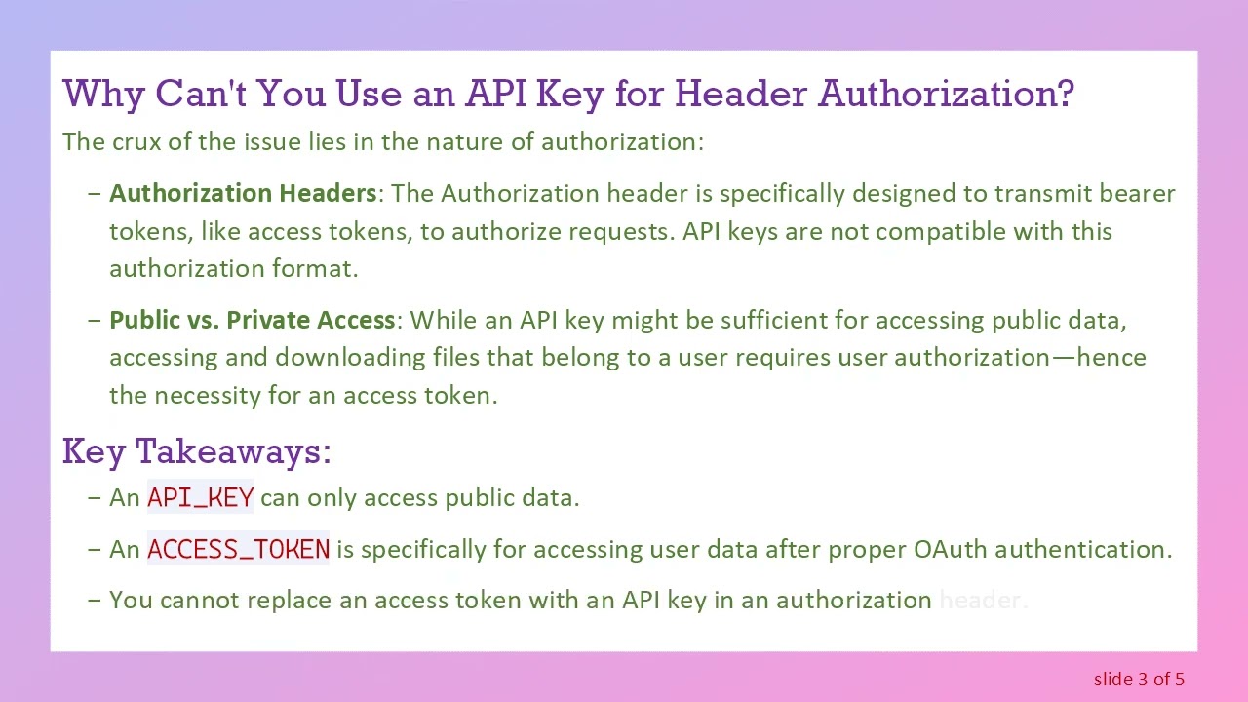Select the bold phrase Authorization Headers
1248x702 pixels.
243,193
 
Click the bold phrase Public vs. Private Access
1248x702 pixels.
252,320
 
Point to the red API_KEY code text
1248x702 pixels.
200,497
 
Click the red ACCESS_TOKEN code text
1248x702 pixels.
238,549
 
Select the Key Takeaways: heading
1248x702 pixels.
196,451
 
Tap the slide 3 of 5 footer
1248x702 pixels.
1139,679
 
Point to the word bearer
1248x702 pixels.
1137,193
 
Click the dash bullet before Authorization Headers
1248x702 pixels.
94,193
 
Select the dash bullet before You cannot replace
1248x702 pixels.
94,600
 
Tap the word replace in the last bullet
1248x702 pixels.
289,600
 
